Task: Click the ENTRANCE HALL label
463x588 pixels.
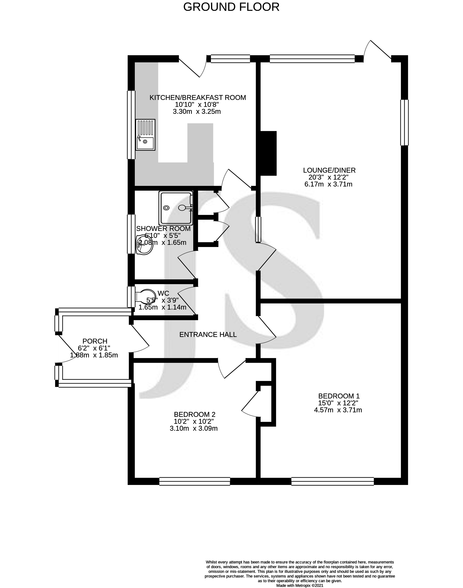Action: pos(208,335)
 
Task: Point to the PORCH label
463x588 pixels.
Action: pos(95,341)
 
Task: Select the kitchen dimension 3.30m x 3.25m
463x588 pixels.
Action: pos(197,111)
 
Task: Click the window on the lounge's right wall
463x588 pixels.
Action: pos(405,123)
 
